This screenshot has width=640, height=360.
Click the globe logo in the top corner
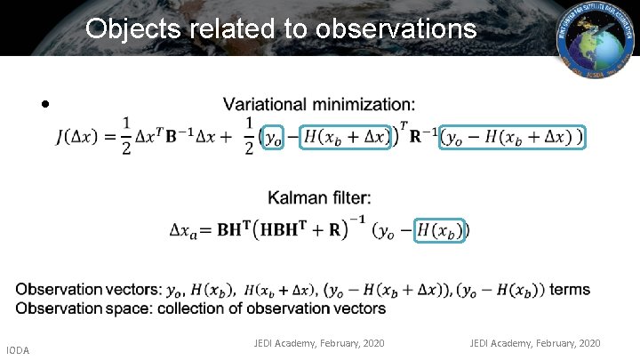pyautogui.click(x=595, y=36)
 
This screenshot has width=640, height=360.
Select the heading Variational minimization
pyautogui.click(x=318, y=105)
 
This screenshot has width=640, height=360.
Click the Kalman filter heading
pyautogui.click(x=320, y=196)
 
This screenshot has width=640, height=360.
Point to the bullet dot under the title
pyautogui.click(x=44, y=105)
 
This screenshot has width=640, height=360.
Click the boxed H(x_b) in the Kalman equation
pyautogui.click(x=441, y=229)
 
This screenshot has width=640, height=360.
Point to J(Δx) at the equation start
pyautogui.click(x=80, y=138)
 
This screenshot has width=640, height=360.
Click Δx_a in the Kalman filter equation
pyautogui.click(x=188, y=230)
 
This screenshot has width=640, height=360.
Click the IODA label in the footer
pyautogui.click(x=17, y=350)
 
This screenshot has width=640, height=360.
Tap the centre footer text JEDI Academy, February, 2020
pyautogui.click(x=319, y=342)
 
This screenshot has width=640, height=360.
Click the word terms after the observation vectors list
pyautogui.click(x=570, y=290)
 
